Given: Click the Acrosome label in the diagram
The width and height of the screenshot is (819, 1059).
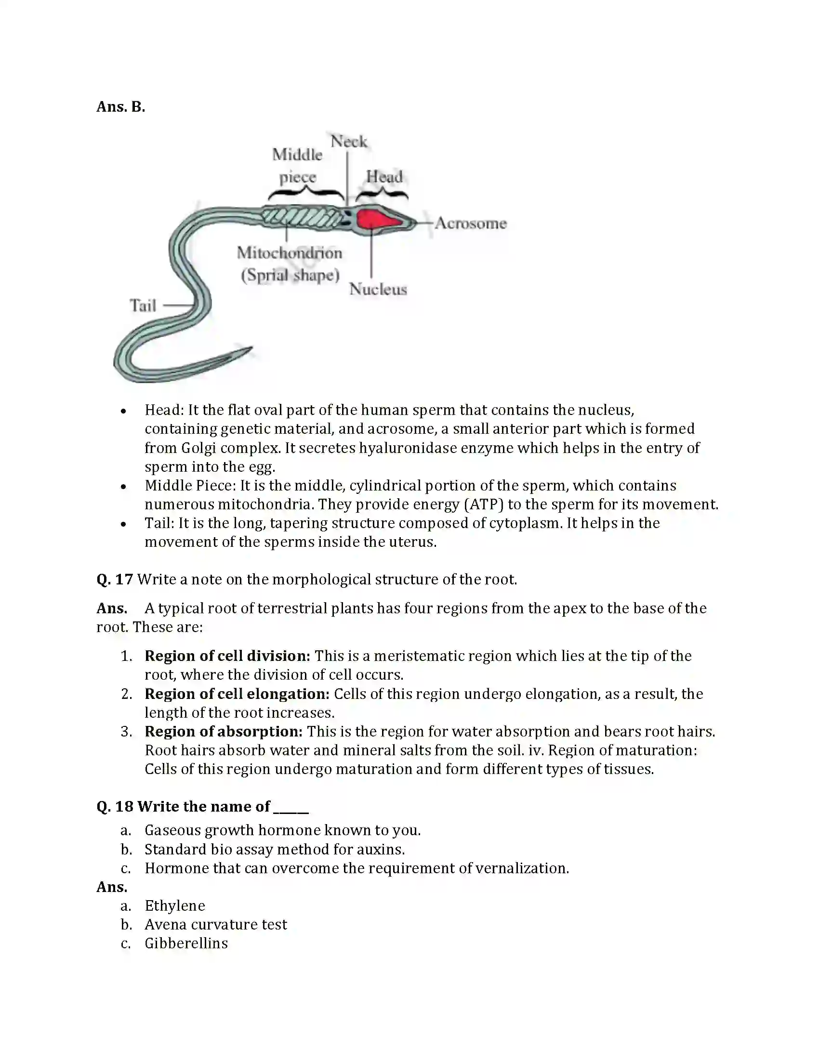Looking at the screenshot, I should (x=470, y=223).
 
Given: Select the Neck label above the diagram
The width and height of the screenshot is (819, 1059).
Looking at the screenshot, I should (x=348, y=142).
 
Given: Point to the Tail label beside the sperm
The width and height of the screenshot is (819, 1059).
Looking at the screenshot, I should (x=143, y=306).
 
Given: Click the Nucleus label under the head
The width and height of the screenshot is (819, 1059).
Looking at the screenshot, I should (x=378, y=289).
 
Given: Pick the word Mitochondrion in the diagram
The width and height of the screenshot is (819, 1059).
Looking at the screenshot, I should (x=290, y=253).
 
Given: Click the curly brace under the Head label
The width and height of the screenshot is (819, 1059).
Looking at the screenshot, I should (x=382, y=195).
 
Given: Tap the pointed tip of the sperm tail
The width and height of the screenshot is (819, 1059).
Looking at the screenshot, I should (x=250, y=349).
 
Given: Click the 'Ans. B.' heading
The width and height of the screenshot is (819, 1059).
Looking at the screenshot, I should (x=121, y=107).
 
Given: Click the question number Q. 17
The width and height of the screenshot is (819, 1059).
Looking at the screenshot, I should (x=115, y=580).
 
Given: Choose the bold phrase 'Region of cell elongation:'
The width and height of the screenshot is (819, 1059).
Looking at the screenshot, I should (x=237, y=694).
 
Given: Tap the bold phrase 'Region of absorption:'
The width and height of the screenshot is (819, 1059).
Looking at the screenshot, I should (x=224, y=732).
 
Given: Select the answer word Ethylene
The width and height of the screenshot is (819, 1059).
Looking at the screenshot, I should (x=175, y=906).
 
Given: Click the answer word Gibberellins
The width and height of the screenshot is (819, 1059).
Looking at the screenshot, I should (x=186, y=943).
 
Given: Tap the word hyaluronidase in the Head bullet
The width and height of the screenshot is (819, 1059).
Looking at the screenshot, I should (x=407, y=448).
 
